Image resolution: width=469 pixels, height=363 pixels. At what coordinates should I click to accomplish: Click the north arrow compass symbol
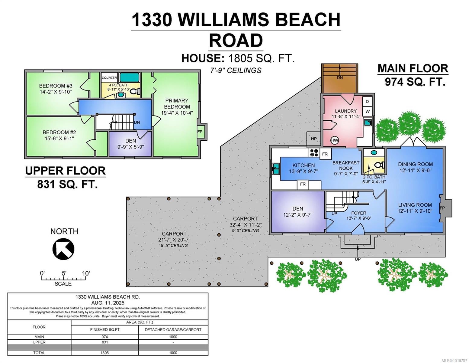(x=63, y=249)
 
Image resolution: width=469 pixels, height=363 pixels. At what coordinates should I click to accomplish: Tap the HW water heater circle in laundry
(x=335, y=140)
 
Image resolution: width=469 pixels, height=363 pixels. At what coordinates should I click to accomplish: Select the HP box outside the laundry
(x=314, y=139)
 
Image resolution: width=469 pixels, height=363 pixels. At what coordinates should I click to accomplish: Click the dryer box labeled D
(x=367, y=102)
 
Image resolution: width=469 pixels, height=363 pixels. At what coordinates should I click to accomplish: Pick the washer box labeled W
(x=367, y=111)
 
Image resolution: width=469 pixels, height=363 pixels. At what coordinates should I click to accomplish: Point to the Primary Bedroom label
(x=177, y=103)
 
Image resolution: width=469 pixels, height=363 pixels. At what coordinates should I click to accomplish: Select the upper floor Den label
(x=130, y=141)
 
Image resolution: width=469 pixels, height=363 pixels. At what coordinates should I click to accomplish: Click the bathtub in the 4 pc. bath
(x=130, y=77)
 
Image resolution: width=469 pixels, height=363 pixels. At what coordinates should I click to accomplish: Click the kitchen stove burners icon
(x=313, y=153)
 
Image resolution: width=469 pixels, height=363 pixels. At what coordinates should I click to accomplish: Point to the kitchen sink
(x=276, y=168)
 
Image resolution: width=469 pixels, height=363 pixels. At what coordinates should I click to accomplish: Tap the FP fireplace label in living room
(x=442, y=208)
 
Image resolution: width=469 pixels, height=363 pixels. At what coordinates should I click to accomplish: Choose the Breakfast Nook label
(x=346, y=165)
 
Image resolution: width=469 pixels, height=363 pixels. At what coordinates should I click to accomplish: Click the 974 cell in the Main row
(x=104, y=337)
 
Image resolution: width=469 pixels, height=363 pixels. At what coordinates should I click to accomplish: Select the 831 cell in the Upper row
(x=104, y=342)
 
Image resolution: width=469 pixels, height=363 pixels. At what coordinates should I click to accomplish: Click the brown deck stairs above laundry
(x=340, y=78)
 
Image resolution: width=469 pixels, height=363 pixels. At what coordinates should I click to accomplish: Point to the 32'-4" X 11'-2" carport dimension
(x=245, y=225)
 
